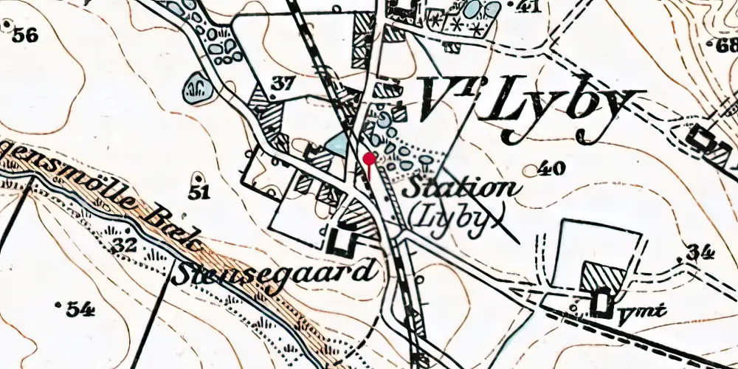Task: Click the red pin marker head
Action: pyautogui.click(x=369, y=157)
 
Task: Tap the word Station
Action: pyautogui.click(x=461, y=187)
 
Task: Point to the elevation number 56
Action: pyautogui.click(x=24, y=35)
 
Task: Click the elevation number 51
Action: pyautogui.click(x=199, y=193)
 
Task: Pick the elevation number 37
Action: pyautogui.click(x=282, y=84)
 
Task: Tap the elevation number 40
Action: pyautogui.click(x=551, y=169)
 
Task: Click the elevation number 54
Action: pyautogui.click(x=80, y=308)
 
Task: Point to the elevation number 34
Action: pyautogui.click(x=700, y=253)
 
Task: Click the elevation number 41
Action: pyautogui.click(x=528, y=8)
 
